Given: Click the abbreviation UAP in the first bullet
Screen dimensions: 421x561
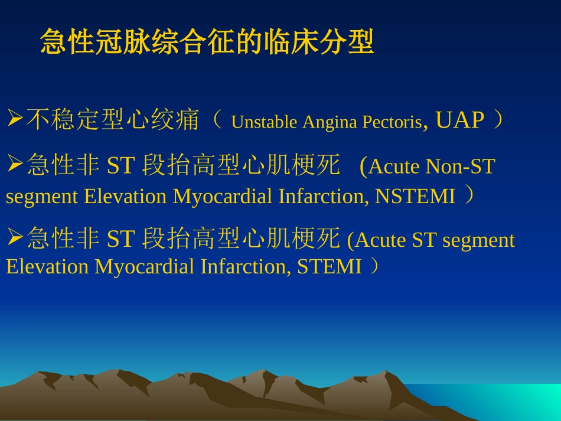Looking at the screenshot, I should pos(459,120).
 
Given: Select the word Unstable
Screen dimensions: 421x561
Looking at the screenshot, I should pos(264,122).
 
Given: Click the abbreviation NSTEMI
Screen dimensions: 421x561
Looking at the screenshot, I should pos(415,196).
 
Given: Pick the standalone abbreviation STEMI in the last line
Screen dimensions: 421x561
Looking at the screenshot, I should pos(329,267).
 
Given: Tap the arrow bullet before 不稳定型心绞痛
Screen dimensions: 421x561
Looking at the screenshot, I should pos(15,119).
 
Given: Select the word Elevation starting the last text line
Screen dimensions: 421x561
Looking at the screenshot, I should pos(48,267).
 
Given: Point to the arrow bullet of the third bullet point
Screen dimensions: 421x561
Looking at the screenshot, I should pos(15,238).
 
